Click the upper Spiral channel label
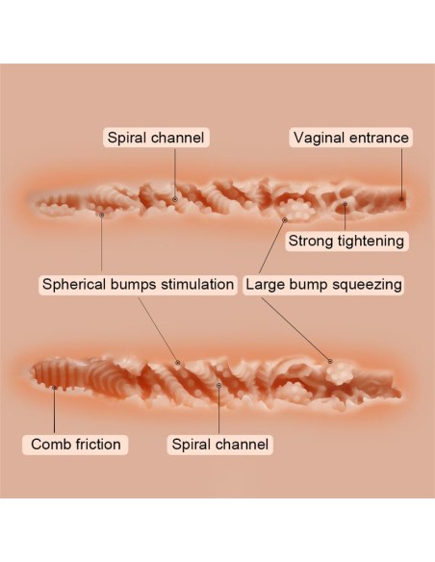click(x=156, y=138)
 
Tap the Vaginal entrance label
click(x=351, y=138)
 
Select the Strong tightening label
click(x=346, y=241)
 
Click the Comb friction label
click(x=76, y=445)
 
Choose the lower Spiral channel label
click(x=220, y=445)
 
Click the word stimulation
click(x=197, y=285)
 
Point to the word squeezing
click(x=367, y=285)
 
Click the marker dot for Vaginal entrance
click(x=401, y=199)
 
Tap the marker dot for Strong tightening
click(x=345, y=204)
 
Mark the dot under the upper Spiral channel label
click(x=175, y=199)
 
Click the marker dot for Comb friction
click(x=54, y=388)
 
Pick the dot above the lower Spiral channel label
click(x=218, y=385)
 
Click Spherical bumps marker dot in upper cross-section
click(x=101, y=215)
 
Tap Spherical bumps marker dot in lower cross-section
click(x=177, y=363)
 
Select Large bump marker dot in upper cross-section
click(x=285, y=220)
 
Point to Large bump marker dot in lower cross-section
click(x=330, y=361)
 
